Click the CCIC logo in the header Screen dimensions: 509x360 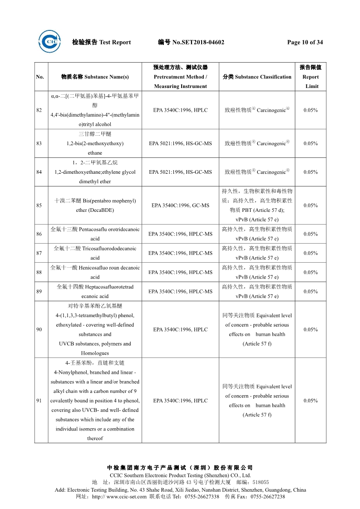pos(49,42)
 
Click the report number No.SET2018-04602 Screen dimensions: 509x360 pos(198,43)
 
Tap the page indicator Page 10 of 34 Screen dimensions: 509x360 pos(305,43)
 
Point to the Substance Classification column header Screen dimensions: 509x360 pos(257,77)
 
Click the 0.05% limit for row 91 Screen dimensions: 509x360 pos(311,401)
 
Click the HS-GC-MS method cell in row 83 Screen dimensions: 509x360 pos(181,144)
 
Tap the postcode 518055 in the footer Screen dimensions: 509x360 pos(261,482)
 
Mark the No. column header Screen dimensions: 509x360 pos(40,77)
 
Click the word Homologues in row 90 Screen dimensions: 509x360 pos(95,353)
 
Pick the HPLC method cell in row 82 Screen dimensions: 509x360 pos(181,110)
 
